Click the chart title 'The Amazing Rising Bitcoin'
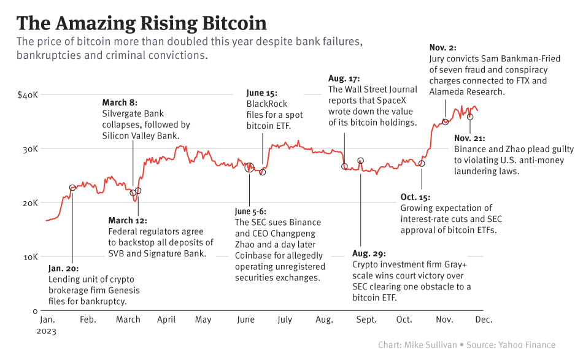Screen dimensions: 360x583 tap(141, 23)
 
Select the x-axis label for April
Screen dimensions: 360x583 tap(166, 320)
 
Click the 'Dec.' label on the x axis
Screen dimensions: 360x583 tap(484, 320)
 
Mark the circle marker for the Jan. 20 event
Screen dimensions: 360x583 tap(72, 188)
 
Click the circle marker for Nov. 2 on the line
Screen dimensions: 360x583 tap(446, 122)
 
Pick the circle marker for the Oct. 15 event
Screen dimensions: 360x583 tap(422, 163)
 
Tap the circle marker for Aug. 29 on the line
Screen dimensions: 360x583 tap(361, 161)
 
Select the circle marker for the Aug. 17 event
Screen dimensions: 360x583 tap(344, 166)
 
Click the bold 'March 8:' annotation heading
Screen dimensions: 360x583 tap(119, 102)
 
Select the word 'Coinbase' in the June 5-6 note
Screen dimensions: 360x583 tap(254, 256)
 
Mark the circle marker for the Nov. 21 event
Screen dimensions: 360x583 tap(470, 117)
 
